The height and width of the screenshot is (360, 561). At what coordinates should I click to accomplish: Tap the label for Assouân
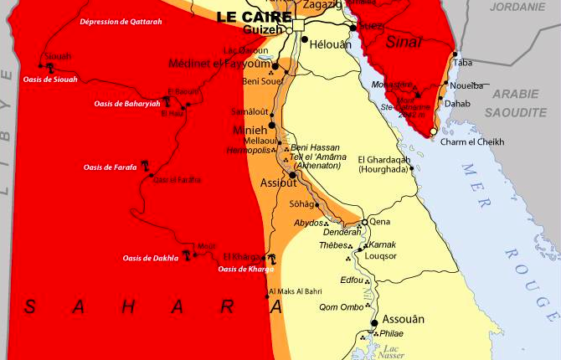coord(403,319)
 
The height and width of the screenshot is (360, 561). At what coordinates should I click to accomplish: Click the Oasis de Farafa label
coord(109,167)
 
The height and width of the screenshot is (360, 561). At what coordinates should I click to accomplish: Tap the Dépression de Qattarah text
coord(121,22)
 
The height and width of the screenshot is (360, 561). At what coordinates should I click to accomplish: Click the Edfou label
coord(353,280)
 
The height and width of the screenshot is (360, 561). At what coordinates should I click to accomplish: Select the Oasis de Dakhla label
coord(150,258)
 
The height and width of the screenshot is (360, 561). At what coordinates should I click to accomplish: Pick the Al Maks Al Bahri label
coord(294,291)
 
